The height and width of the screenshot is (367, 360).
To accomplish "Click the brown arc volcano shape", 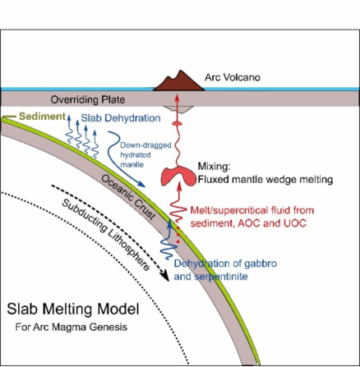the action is tap(179, 83).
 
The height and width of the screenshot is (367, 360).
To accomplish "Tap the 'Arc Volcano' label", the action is tap(233, 77).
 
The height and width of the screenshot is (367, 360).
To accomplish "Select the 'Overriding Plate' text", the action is tap(88, 99).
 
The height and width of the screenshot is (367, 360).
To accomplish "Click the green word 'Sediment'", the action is tap(43, 117).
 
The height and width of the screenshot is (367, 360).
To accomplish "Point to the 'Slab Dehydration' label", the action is tap(121, 118).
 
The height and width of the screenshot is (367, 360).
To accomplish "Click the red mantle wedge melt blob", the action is tap(178, 177).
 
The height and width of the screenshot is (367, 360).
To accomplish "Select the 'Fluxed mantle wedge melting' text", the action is tap(265, 180).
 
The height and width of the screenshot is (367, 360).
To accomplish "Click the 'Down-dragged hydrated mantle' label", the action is tap(145, 155).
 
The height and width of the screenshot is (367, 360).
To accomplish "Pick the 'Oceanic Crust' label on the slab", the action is tap(127, 197).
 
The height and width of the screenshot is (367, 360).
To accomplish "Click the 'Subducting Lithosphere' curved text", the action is tap(105, 235).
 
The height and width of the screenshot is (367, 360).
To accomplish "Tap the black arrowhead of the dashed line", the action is tap(165, 276).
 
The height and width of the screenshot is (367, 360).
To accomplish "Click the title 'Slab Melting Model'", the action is tap(73, 310).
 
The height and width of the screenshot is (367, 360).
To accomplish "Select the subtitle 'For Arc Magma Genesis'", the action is tap(72, 327).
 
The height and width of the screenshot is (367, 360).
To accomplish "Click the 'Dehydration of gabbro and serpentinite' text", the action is tap(225, 270).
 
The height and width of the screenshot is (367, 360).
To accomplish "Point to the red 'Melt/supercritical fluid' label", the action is tap(252, 210).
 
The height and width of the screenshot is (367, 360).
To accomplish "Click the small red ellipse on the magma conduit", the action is tap(177, 124).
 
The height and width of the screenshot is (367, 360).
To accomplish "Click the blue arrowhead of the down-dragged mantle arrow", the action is tap(141, 184).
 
